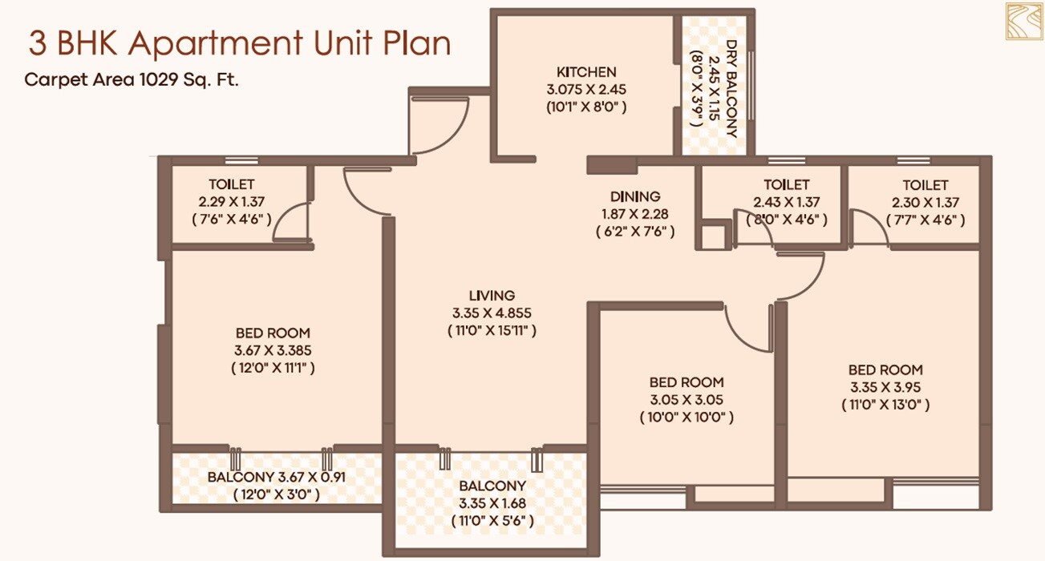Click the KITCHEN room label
click(x=586, y=71)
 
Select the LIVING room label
click(x=492, y=295)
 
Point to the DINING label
click(x=635, y=196)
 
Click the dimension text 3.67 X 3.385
click(x=272, y=350)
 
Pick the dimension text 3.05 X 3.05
click(x=686, y=400)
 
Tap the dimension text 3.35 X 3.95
click(x=885, y=387)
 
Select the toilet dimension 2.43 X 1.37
click(x=786, y=202)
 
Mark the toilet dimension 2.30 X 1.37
click(x=925, y=202)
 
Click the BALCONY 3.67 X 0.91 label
click(x=276, y=477)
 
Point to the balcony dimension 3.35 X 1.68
click(x=492, y=503)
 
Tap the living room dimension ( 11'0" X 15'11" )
click(x=492, y=329)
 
